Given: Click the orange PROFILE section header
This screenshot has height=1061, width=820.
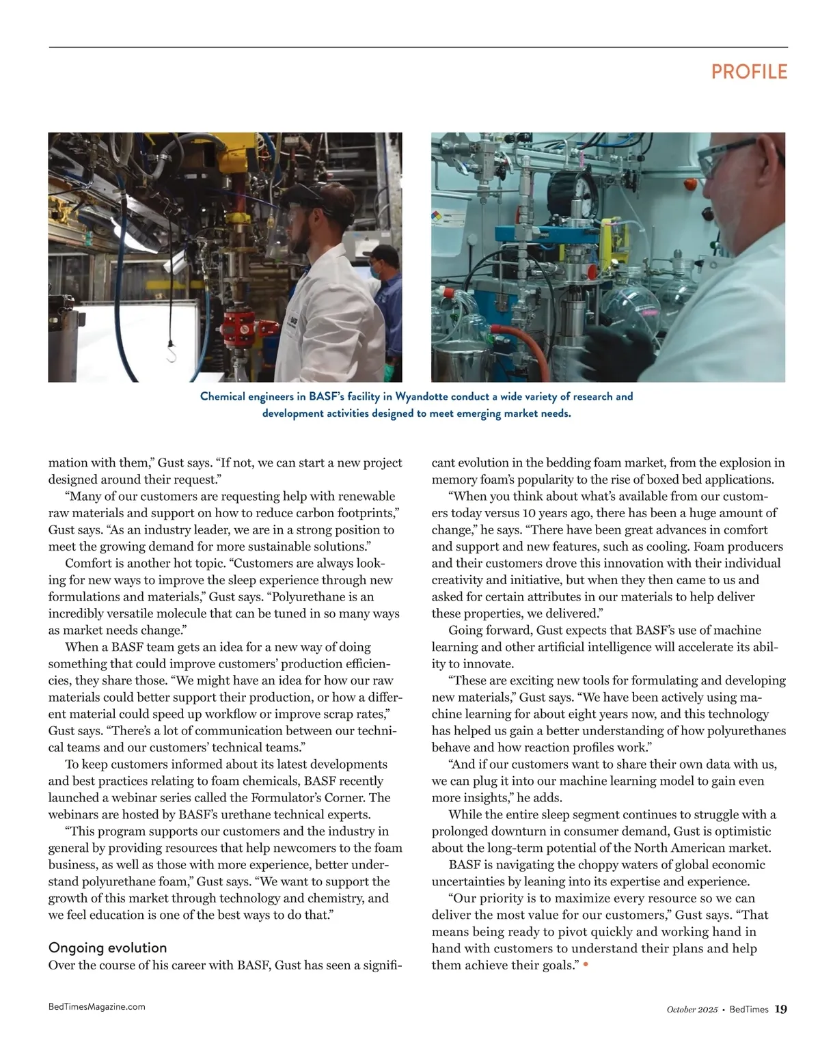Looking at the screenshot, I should [749, 72].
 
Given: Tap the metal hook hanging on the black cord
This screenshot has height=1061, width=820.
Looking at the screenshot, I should [172, 353].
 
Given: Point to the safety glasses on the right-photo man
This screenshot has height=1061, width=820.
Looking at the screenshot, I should [735, 153].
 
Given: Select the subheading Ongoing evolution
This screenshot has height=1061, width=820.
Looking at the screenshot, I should [107, 948].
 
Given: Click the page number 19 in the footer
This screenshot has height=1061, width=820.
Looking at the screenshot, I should [781, 1009].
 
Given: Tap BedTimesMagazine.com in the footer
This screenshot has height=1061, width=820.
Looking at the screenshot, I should [96, 1006].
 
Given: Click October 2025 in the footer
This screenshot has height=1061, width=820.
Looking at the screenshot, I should [692, 1010].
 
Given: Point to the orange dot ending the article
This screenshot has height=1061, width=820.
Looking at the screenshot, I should [586, 965].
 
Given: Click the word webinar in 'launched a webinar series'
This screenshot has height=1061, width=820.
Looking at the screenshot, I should [128, 797].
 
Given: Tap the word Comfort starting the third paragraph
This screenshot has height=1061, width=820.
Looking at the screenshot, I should [86, 563].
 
